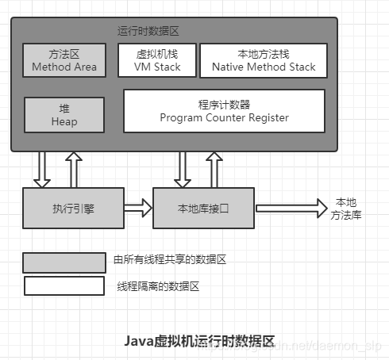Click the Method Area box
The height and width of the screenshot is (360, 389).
[x=64, y=59]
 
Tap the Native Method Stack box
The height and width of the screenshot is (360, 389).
[x=264, y=59]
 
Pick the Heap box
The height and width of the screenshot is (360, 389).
[x=64, y=114]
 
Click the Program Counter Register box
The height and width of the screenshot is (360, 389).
[x=224, y=110]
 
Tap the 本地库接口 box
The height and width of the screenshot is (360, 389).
[x=204, y=208]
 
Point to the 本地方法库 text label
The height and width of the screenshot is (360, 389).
[x=346, y=208]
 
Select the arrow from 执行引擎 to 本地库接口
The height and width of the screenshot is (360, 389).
[x=137, y=209]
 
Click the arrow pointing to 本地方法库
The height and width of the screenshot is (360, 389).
[x=290, y=209]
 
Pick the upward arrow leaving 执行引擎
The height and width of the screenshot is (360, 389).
[x=72, y=169]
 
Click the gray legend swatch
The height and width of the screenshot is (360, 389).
[x=64, y=262]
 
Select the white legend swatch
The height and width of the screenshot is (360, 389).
[x=64, y=285]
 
